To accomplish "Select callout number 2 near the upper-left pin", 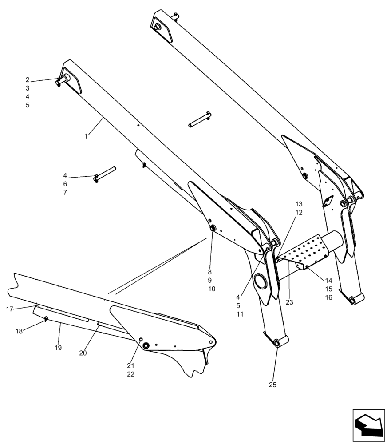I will click(28, 80).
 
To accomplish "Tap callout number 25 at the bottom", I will click(272, 385).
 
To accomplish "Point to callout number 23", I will click(289, 303).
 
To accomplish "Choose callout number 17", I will click(10, 309).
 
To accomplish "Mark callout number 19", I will click(58, 347).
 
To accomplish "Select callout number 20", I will click(83, 353).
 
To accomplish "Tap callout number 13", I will click(299, 204).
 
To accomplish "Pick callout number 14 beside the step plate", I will click(328, 281).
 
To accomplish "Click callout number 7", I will click(65, 193).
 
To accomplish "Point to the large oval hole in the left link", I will click(260, 282).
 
